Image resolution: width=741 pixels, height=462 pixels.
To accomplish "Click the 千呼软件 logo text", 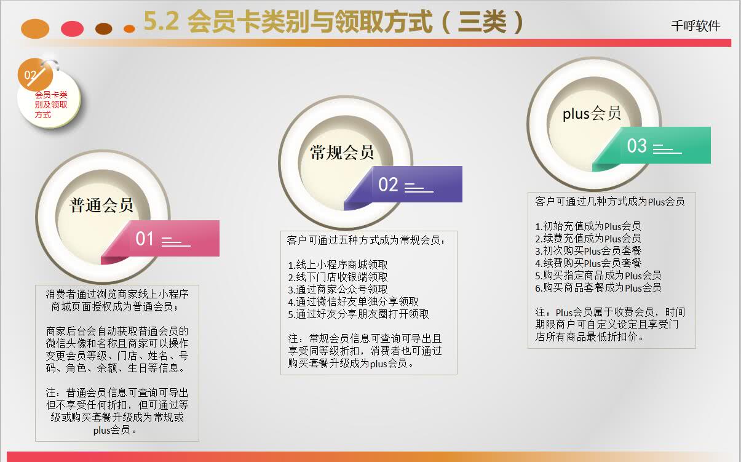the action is click(695, 26).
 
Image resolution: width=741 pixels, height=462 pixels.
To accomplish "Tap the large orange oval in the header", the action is click(35, 29).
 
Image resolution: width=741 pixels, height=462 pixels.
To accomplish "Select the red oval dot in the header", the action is click(72, 28).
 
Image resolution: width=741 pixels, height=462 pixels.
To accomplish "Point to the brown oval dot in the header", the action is click(103, 29).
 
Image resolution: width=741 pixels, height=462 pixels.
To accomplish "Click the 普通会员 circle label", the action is click(101, 205).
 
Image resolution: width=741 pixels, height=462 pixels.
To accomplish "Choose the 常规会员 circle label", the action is click(342, 153).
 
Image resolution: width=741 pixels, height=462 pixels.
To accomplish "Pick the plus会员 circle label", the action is click(592, 114).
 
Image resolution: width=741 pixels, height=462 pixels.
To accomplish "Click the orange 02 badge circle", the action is click(35, 75).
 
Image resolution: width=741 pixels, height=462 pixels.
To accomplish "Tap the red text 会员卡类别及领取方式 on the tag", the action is click(51, 105).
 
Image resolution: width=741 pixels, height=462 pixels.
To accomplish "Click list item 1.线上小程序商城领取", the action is click(338, 265).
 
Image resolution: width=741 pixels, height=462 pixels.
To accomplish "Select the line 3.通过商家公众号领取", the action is click(338, 290).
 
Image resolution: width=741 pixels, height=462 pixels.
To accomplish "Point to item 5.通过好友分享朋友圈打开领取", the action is click(359, 314).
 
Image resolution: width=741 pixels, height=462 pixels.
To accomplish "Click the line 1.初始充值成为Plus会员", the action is click(588, 226).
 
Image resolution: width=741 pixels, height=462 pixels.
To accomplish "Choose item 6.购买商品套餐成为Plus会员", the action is click(598, 287).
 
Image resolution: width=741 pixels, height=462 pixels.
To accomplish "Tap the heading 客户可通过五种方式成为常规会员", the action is click(366, 240).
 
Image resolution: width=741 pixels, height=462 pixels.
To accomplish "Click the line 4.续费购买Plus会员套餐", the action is click(588, 263).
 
